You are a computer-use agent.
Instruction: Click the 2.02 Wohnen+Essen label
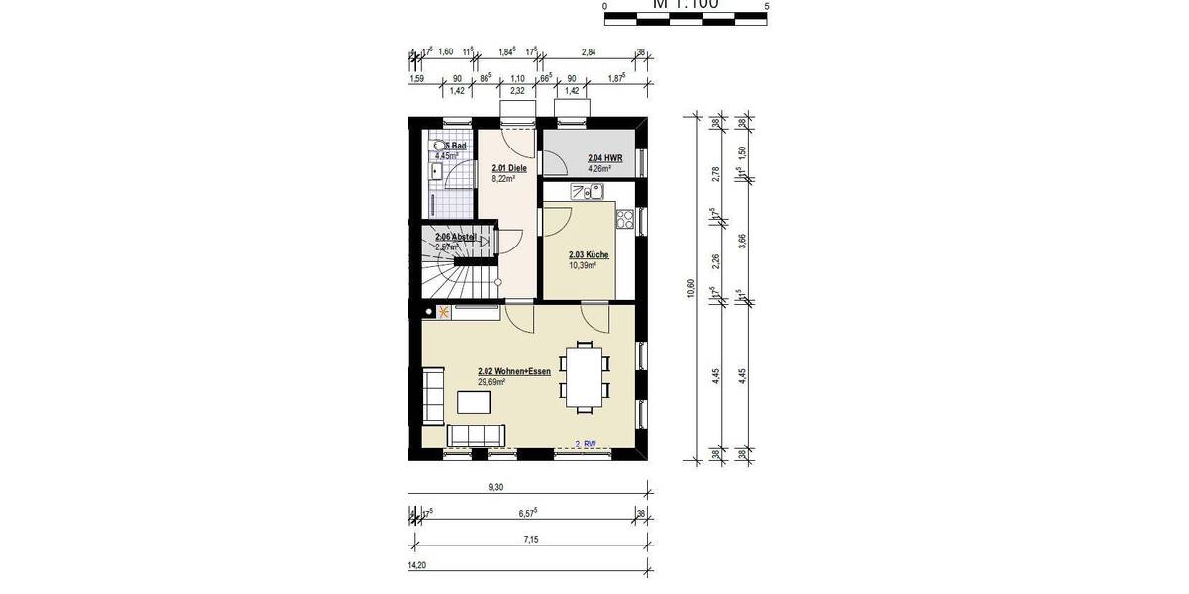pos(513,371)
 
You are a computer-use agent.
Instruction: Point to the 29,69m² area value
pos(491,381)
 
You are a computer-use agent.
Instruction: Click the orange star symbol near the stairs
pos(443,313)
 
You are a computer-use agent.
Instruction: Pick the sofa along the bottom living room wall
pos(477,435)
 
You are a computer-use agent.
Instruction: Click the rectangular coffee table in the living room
pos(476,401)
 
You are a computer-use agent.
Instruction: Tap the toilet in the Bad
pos(437,150)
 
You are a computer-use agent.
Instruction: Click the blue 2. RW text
pos(586,445)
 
